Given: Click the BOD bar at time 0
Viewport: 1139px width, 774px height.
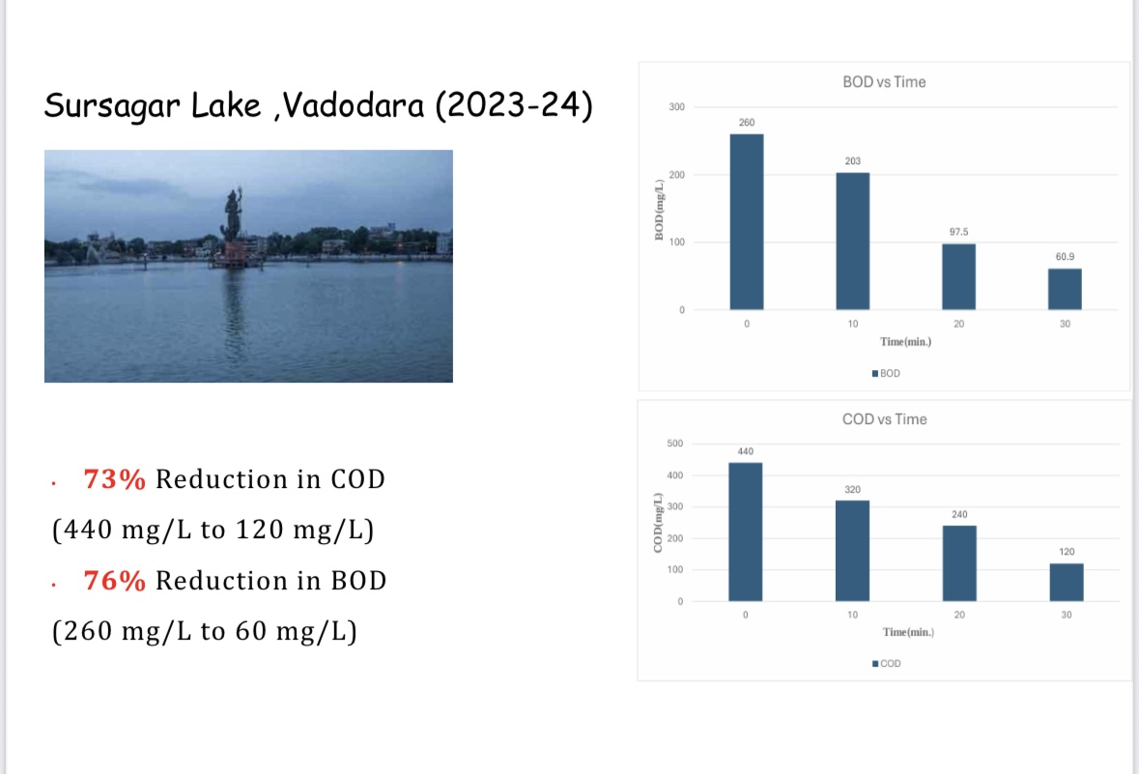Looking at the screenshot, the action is [x=747, y=221].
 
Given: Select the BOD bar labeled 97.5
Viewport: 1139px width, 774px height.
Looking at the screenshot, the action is [x=959, y=277].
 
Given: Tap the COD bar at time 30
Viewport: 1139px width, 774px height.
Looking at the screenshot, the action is [x=1067, y=582].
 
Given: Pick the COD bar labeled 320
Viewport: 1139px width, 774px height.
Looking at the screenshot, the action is [x=852, y=551].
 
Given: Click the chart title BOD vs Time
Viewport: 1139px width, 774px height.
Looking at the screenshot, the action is [x=884, y=82].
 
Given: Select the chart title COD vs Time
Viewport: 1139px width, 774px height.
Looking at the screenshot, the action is [x=884, y=419].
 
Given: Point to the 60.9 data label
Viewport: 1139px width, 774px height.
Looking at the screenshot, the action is [x=1065, y=256].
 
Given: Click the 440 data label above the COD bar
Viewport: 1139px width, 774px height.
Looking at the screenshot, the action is [x=745, y=451].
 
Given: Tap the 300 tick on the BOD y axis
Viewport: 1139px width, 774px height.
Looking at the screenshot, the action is [x=676, y=107].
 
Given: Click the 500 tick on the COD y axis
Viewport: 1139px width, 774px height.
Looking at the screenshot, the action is [x=675, y=444].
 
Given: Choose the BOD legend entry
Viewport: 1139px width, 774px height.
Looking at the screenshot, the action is [x=886, y=374].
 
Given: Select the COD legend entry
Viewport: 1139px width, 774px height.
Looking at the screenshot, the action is [x=886, y=664].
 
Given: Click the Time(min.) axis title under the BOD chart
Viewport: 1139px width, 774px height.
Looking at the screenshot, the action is [x=905, y=341].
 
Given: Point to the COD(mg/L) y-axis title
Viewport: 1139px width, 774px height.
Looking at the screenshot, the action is [x=658, y=523].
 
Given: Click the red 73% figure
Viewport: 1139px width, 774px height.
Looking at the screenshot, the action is [x=114, y=479].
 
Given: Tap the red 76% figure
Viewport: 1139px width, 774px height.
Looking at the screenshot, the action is [x=114, y=581].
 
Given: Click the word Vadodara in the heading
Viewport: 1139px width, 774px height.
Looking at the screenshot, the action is [x=353, y=105].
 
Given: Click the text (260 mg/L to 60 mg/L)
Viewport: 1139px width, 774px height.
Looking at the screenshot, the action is [x=205, y=632].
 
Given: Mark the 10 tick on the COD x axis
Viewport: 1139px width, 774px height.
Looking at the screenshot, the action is [x=852, y=615].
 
